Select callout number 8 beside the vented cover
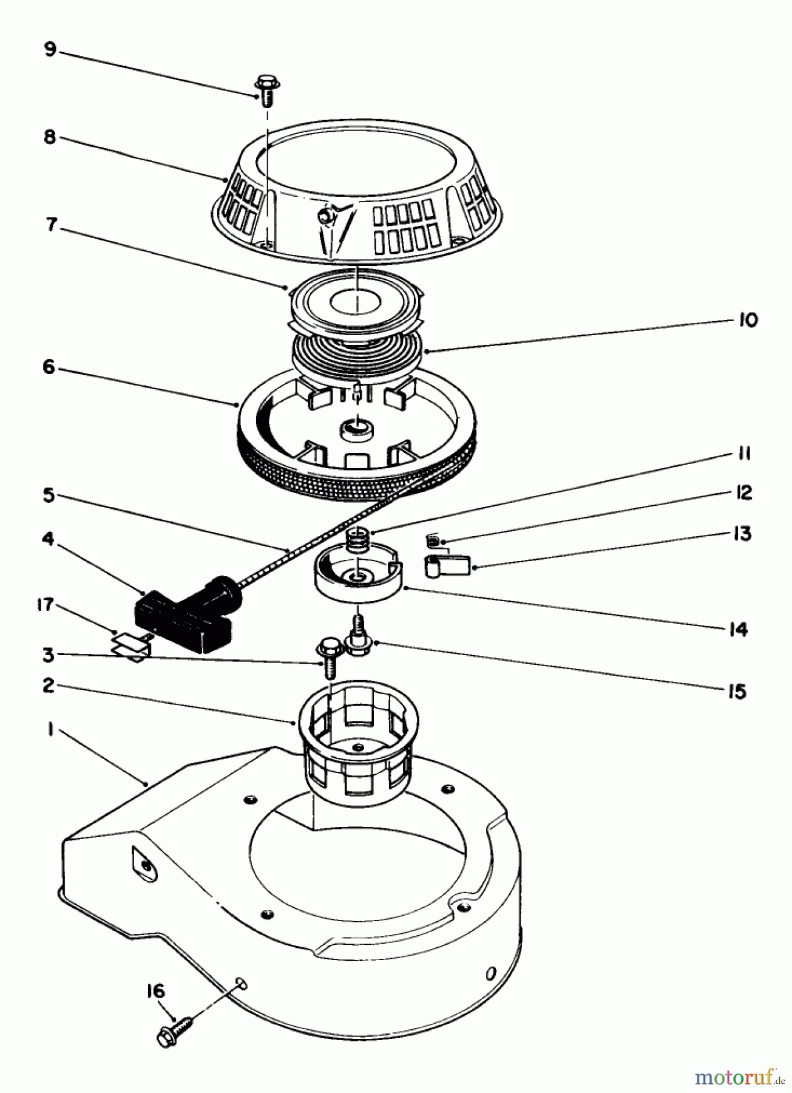tap(49, 138)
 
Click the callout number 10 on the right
tap(748, 320)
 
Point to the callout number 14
tap(738, 630)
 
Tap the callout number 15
tap(737, 692)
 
